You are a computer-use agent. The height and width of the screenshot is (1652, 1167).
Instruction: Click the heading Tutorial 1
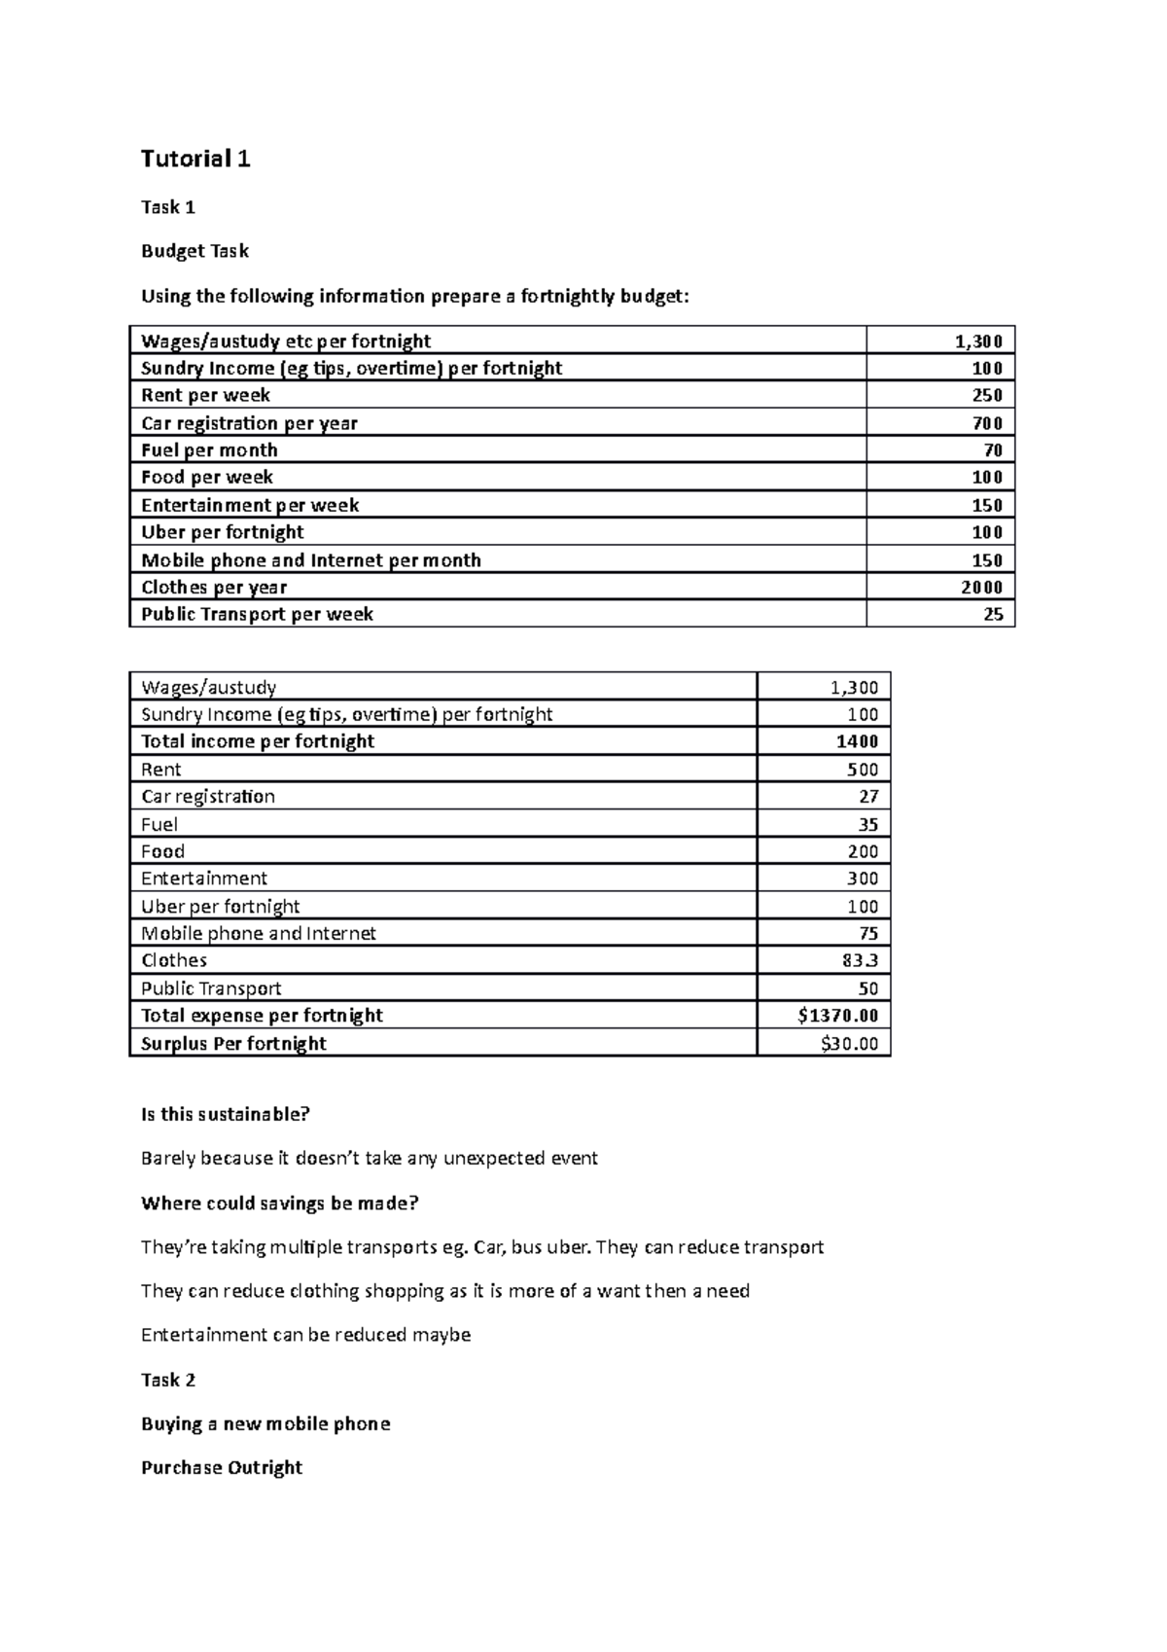pos(195,159)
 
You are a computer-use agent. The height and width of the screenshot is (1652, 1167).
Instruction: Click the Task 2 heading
pos(168,1380)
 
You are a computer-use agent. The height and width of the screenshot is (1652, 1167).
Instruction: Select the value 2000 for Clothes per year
pos(981,587)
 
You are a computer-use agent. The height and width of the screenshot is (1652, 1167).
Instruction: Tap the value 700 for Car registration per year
pos(987,423)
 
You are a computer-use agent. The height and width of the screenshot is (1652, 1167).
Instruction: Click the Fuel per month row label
pos(209,450)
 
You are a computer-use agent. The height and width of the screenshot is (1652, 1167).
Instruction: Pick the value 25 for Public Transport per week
pos(993,614)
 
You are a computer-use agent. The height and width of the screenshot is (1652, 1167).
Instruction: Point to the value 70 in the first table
pos(993,450)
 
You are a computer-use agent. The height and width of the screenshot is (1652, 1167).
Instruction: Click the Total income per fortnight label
pos(257,741)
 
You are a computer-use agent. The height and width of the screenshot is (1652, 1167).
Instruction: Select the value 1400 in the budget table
pos(857,741)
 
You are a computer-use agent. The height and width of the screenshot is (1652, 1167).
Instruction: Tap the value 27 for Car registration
pos(868,796)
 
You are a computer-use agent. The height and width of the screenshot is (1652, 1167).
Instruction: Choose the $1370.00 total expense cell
pos(837,1016)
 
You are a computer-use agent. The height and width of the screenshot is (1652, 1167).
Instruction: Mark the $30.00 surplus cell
pos(849,1044)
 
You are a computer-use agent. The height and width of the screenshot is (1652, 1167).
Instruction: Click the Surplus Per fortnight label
pos(233,1044)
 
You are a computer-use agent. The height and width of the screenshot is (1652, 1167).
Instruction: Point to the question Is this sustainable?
pos(225,1115)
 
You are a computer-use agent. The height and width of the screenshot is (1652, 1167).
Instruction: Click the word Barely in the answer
pos(167,1159)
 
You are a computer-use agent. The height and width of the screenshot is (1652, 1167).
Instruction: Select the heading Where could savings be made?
pos(279,1203)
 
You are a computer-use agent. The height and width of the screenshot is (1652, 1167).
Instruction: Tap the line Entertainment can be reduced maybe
pos(305,1335)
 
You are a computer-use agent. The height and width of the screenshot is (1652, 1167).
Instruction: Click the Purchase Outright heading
pos(222,1467)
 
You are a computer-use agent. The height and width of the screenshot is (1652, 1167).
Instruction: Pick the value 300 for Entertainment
pos(863,879)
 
